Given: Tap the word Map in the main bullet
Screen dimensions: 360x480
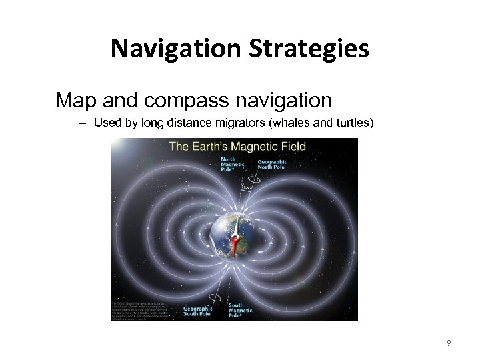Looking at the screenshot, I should pyautogui.click(x=75, y=101).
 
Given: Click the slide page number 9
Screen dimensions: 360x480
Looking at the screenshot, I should pyautogui.click(x=449, y=343).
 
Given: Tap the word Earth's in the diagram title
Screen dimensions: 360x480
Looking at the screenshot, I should pyautogui.click(x=215, y=146).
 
